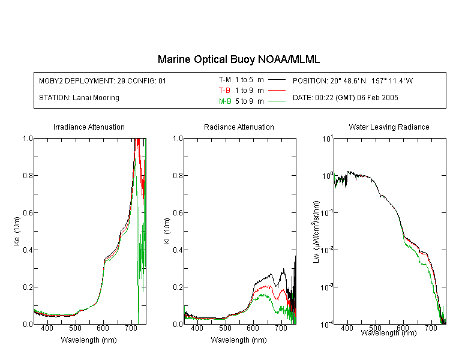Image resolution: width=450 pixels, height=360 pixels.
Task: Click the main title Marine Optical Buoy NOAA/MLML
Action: point(238,59)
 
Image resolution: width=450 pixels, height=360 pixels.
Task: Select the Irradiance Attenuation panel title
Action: point(89,127)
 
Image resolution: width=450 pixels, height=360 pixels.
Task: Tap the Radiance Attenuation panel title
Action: point(239,127)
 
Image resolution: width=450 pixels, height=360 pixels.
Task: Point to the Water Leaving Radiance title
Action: point(389,127)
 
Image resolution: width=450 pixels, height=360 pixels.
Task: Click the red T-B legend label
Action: point(224,91)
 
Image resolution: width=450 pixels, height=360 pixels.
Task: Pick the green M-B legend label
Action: point(225,101)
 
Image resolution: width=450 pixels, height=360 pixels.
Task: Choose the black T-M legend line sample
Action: point(277,80)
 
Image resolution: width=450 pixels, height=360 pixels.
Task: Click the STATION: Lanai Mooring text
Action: point(79,98)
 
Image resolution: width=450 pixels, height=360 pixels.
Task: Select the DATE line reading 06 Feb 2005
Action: point(345,98)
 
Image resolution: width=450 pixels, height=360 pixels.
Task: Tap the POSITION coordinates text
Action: point(353,80)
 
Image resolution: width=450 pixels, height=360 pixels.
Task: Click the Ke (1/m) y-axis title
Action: point(17,231)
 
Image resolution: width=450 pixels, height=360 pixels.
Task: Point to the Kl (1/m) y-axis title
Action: point(167,231)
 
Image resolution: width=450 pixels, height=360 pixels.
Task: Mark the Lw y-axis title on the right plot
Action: point(316,232)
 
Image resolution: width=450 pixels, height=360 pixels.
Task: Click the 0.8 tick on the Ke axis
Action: point(28,175)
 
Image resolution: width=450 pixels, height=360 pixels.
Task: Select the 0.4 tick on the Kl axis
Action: point(178,250)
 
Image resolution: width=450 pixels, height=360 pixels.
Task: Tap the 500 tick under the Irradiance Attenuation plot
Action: point(75,328)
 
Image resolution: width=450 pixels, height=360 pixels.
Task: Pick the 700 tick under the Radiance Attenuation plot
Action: point(281,328)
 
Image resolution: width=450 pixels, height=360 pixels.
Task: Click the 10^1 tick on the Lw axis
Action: point(328,139)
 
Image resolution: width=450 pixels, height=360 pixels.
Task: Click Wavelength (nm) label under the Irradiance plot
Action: point(89,340)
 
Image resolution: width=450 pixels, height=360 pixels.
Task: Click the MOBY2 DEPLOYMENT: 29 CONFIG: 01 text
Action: point(103,80)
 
